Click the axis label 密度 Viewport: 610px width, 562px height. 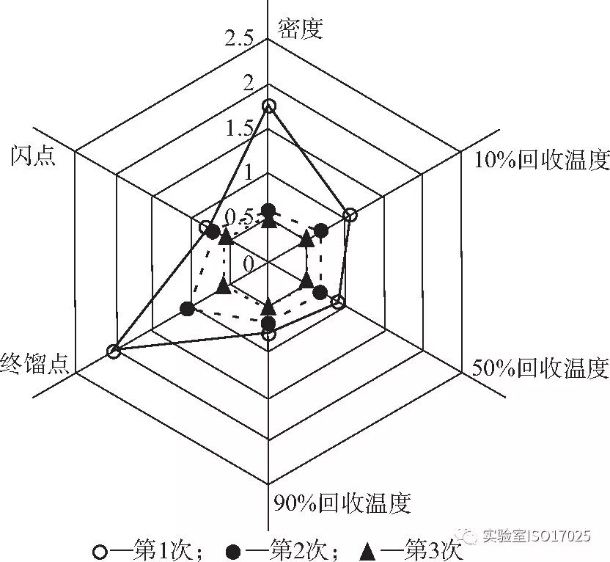point(301,27)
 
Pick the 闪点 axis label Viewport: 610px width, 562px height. point(32,157)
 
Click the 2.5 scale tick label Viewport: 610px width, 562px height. point(239,40)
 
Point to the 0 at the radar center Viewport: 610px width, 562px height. point(248,262)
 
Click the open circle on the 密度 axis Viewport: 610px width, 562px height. point(269,106)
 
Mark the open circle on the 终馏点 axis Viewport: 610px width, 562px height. point(113,351)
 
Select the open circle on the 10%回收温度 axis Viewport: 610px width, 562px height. point(350,215)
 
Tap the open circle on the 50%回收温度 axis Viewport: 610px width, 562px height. point(338,302)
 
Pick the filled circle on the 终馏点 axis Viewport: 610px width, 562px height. point(187,310)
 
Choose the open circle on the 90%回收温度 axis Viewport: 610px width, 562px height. point(269,335)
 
